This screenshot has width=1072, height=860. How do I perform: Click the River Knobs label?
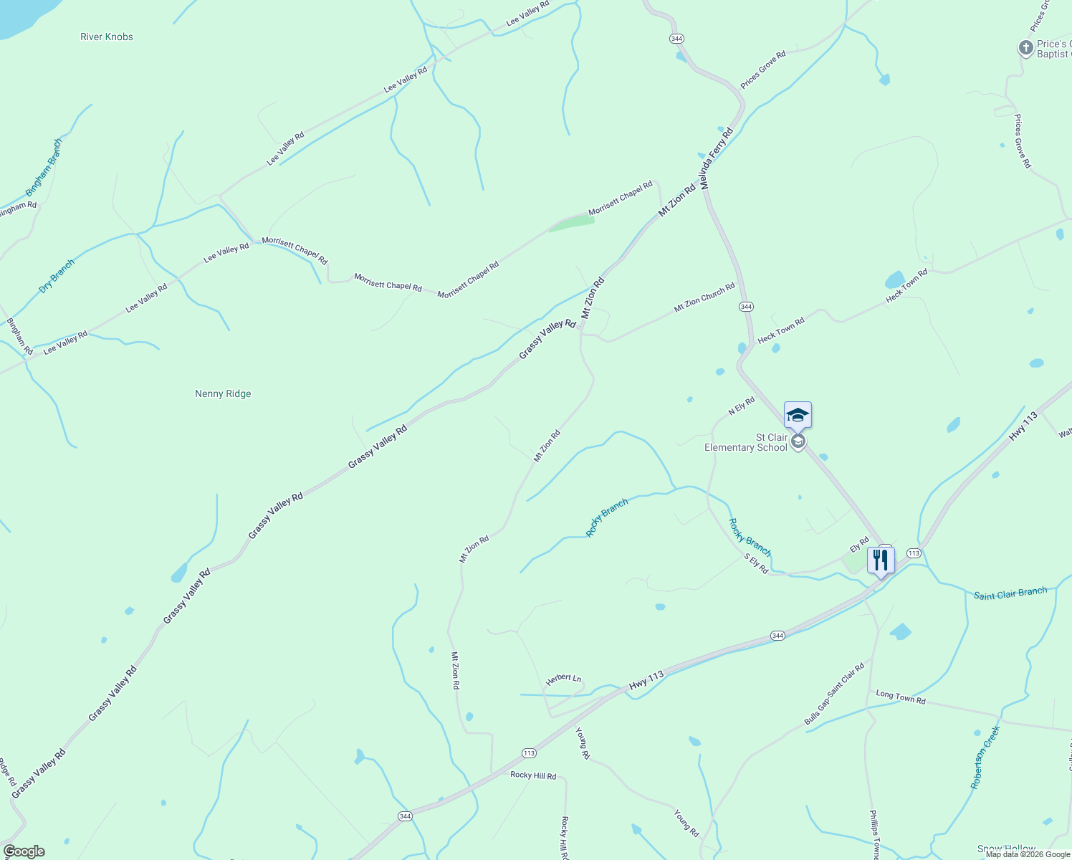click(107, 37)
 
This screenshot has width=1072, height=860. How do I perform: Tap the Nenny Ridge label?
click(223, 393)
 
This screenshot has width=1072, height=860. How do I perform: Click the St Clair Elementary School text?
click(745, 442)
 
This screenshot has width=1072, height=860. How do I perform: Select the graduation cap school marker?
click(798, 415)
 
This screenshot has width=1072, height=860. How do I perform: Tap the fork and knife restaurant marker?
click(881, 560)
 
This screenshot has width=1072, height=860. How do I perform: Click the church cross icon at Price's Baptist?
click(1025, 48)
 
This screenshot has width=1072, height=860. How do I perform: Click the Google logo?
click(24, 851)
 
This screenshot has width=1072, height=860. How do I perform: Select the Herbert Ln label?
click(563, 679)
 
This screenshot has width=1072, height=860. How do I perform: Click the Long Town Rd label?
click(901, 697)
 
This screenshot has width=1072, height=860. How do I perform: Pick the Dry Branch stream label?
click(57, 276)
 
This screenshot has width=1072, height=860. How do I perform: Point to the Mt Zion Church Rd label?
click(704, 297)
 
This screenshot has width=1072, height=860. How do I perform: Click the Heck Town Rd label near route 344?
click(781, 331)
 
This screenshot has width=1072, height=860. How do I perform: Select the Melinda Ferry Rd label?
click(717, 159)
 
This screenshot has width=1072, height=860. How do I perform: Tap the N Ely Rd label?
click(742, 406)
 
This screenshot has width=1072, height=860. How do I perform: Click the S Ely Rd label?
click(756, 563)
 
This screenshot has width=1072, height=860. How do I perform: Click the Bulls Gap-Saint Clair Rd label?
click(834, 694)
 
